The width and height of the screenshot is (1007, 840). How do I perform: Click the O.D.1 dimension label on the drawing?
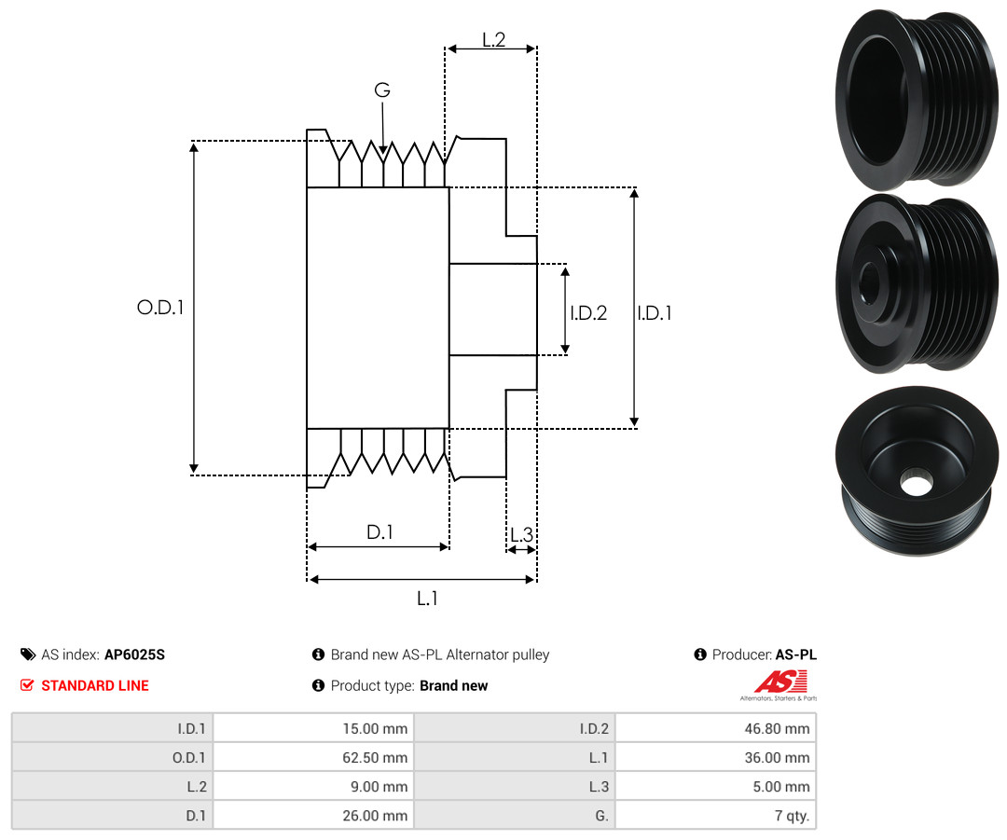tap(160, 308)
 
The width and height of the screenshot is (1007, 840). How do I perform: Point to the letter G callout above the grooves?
tap(382, 90)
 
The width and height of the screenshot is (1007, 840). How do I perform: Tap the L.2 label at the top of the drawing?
tap(494, 40)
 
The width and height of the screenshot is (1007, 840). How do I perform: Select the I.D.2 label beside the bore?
tap(588, 312)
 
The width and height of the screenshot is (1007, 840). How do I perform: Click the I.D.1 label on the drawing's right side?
tap(655, 312)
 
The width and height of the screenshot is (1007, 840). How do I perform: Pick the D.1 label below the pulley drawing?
tap(379, 531)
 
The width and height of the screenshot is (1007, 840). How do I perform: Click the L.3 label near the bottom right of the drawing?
tap(521, 534)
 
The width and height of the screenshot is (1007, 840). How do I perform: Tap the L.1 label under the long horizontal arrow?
tap(427, 599)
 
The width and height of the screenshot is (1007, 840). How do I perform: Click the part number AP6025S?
tap(135, 654)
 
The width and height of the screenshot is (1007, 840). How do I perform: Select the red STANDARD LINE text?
tap(95, 685)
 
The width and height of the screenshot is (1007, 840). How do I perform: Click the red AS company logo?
tap(780, 682)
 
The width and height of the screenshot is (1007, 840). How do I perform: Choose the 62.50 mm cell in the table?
tap(375, 758)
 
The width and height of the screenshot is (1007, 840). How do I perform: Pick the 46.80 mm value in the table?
tap(777, 729)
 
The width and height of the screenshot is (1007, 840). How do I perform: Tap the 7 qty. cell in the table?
tap(792, 816)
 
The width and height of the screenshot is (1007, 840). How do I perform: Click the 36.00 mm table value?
tap(777, 758)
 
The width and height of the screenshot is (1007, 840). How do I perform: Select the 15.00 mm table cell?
tap(375, 729)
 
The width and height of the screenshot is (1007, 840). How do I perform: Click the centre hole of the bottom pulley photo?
tap(916, 483)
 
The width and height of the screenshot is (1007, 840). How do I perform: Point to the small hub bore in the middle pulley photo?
tap(870, 282)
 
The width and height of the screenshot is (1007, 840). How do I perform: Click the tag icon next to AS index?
tap(28, 654)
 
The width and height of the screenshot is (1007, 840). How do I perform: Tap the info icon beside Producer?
tap(700, 654)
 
